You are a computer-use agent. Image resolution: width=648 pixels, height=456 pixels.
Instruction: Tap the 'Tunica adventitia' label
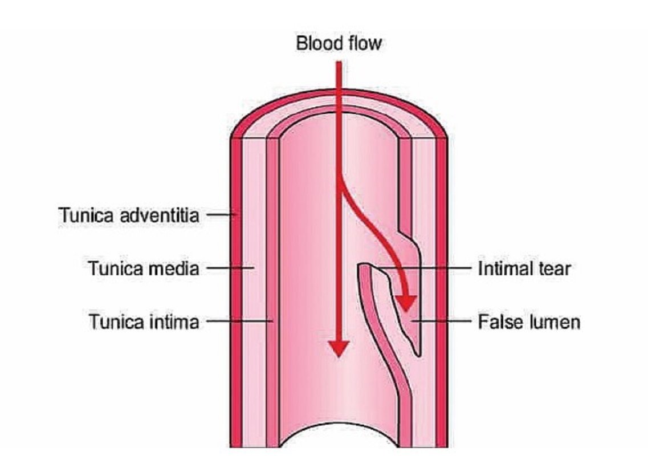129,215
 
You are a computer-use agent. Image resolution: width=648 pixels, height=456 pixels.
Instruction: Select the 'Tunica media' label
144,268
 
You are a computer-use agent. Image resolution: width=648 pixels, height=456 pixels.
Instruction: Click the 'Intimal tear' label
524,268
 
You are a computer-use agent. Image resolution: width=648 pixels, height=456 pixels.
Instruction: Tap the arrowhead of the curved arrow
406,303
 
